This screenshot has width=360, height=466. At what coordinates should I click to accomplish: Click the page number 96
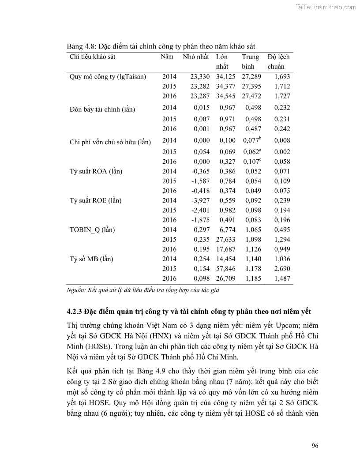(315, 445)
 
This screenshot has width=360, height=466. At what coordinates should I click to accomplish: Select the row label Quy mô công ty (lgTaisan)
(108, 76)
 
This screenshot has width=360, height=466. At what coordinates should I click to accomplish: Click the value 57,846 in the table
(226, 269)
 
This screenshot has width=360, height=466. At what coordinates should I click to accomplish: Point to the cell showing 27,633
(226, 240)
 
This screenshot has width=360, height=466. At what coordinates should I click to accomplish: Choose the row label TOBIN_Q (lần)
(90, 230)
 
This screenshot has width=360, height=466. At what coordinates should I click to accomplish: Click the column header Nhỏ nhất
(195, 57)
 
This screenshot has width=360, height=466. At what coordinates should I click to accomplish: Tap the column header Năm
(167, 57)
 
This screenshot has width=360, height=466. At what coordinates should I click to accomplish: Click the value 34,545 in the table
(226, 96)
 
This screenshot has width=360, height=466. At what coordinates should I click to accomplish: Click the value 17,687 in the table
(226, 249)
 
